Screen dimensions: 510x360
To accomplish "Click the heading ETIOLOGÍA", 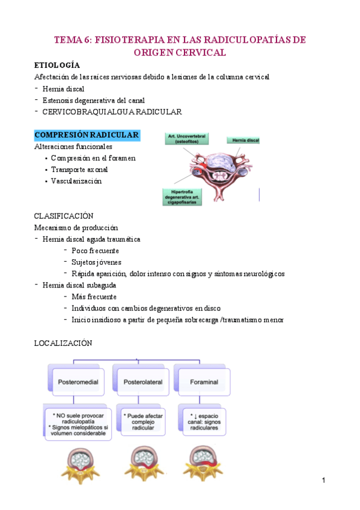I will (57, 65).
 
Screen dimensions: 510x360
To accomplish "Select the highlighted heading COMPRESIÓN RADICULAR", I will (87, 135).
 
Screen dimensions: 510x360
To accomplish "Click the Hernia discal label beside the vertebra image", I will (243, 140).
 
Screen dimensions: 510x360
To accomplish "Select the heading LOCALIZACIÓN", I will (63, 343).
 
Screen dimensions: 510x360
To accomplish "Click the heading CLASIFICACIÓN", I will (64, 215).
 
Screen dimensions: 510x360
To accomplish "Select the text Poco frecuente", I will (95, 251).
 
